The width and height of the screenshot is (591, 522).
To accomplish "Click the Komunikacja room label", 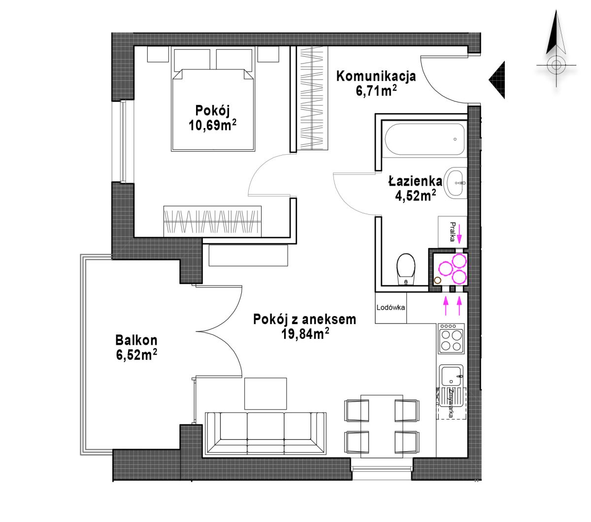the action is pos(376,76).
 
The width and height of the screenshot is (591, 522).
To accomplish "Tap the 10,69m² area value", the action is pos(212,125).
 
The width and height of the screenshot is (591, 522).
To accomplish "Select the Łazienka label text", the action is pos(415,181).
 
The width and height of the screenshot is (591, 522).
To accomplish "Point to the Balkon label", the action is pos(136,340).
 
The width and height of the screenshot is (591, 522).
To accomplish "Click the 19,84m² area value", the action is pos(305,334).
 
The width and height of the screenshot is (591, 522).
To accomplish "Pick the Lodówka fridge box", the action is pos(391,308).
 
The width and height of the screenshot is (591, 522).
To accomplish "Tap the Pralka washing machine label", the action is pos(453,232).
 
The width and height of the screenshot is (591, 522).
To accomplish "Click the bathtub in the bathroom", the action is pos(425,139).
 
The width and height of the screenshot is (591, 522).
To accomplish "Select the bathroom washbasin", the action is pos(455,183).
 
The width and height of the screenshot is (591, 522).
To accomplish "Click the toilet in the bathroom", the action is pos(406,269).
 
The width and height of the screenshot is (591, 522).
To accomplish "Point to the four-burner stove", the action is pos(451,338).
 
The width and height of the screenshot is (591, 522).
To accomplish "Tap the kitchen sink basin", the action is pos(451,376).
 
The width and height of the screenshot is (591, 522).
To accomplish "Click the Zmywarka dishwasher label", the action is pos(451,404).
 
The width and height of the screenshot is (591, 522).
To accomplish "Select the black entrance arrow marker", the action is pos(497,80).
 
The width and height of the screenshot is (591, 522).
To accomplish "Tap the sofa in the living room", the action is pos(265,433).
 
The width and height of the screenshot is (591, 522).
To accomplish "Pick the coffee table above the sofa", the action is pos(265,394).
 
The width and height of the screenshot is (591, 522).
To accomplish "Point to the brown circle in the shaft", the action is pos(437,280).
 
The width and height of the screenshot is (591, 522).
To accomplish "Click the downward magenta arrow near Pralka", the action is pos(460,234).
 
